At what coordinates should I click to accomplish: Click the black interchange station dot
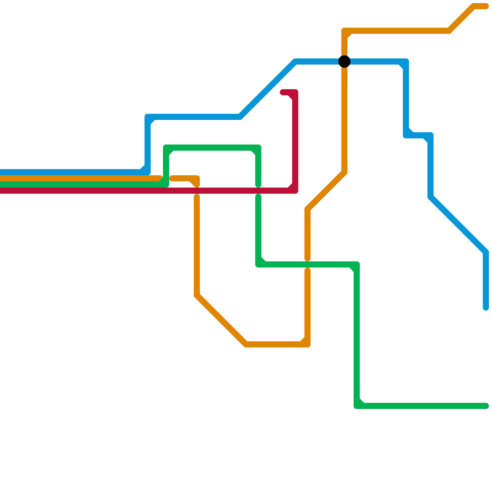pos(344,61)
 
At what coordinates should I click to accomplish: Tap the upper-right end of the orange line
pos(486,6)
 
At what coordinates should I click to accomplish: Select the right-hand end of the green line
pos(486,406)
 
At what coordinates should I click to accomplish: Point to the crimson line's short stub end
pos(283,92)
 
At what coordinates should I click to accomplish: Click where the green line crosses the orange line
pos(307,264)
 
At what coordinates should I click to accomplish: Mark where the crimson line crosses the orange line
pos(197,191)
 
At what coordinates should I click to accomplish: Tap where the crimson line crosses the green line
pos(258,191)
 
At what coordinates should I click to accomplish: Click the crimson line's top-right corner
pos(295,92)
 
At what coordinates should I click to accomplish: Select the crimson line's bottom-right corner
pos(295,191)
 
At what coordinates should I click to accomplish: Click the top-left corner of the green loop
pos(166,148)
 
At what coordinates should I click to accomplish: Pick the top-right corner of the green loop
pos(258,148)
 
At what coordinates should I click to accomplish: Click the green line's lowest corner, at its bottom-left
pos(357,406)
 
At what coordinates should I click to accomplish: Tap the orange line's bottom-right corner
pos(307,344)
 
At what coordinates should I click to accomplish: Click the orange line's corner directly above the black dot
pos(344,31)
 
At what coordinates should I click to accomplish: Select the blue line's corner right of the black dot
pos(406,61)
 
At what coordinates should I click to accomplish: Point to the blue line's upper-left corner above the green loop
pos(148,117)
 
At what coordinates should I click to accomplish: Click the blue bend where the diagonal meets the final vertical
pos(486,252)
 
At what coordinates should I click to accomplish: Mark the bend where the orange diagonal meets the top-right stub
pos(474,6)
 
